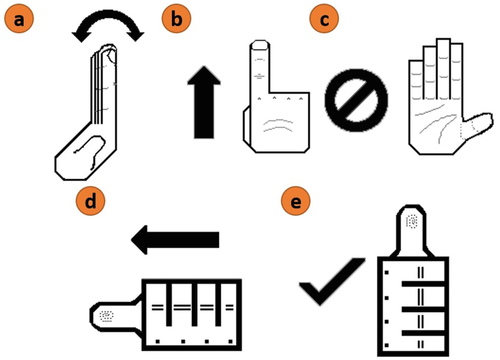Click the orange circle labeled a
click(x=19, y=19)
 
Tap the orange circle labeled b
click(x=176, y=19)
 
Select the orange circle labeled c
click(x=324, y=19)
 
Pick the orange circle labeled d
click(x=90, y=201)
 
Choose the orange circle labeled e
click(x=295, y=201)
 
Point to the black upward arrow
click(x=204, y=102)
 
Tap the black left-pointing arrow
click(x=175, y=240)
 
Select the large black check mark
click(x=332, y=281)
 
